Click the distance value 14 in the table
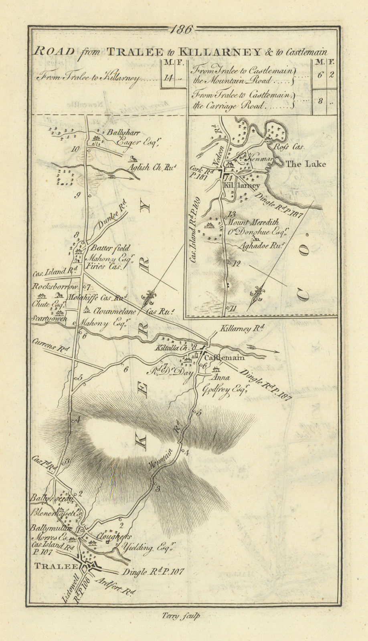168,79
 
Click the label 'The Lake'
306,164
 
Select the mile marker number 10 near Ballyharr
75,149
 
